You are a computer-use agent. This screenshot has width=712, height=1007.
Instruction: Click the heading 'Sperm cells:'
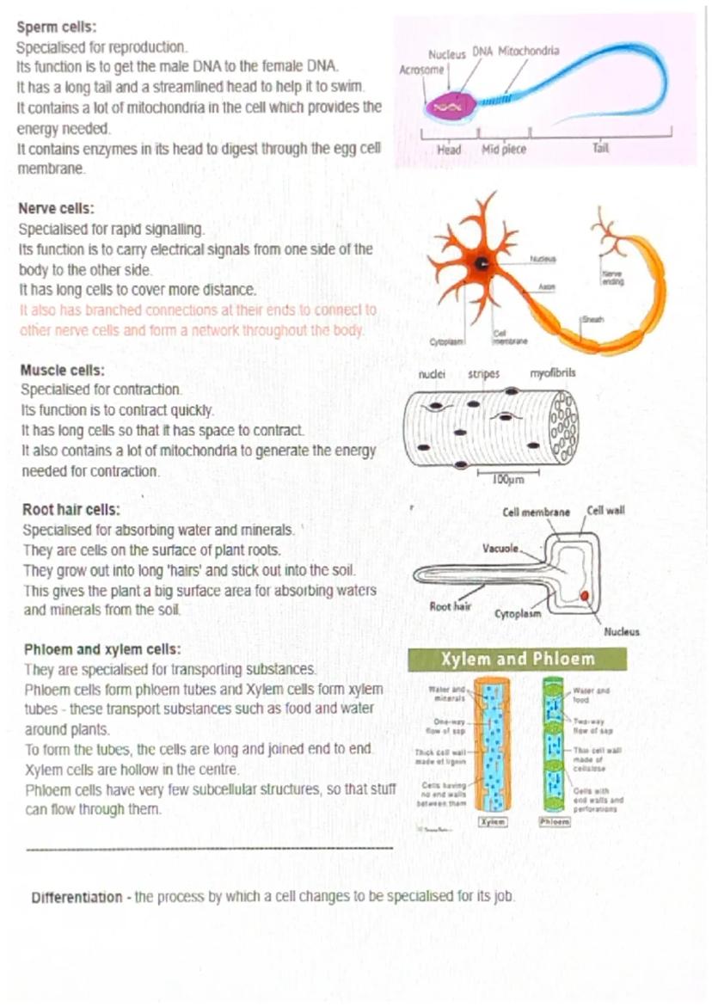[x=57, y=27]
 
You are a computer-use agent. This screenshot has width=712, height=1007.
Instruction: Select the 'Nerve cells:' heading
[x=57, y=209]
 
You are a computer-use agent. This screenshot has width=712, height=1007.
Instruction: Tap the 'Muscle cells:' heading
[x=62, y=371]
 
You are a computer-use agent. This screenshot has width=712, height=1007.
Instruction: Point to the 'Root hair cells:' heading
[x=71, y=509]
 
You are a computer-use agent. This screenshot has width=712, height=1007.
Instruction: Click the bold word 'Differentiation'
[x=77, y=897]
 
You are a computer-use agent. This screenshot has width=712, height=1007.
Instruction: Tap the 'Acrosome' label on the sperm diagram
[x=421, y=70]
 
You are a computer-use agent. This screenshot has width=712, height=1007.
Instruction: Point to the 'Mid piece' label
[x=504, y=150]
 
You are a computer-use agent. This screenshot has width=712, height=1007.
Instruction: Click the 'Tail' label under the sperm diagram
[x=600, y=149]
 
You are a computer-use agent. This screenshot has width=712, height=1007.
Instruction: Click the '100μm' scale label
[x=508, y=479]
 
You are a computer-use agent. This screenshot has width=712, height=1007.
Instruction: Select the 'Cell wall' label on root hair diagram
[x=605, y=511]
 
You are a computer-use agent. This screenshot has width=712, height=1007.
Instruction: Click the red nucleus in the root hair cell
[x=585, y=596]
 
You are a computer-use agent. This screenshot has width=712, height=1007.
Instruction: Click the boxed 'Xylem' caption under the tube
[x=492, y=821]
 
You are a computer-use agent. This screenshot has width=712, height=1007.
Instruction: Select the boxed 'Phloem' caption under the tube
[x=555, y=821]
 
